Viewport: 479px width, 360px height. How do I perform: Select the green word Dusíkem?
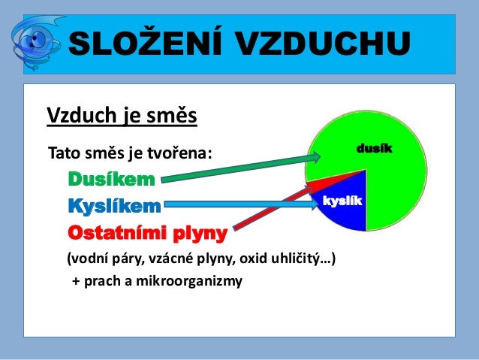112,180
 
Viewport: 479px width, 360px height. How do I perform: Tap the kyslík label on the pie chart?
342,201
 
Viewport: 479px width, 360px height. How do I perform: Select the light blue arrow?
240,204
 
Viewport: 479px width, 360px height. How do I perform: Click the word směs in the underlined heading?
176,117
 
